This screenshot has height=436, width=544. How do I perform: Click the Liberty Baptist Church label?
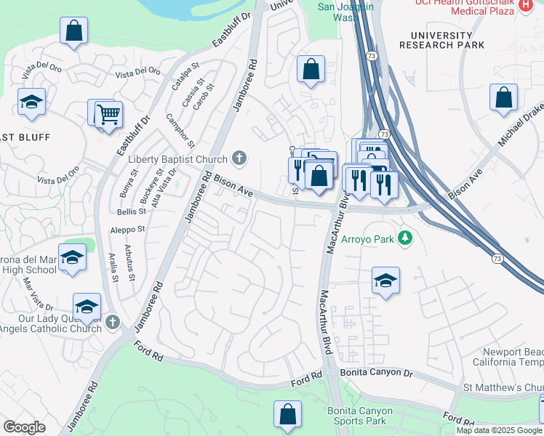[178, 159]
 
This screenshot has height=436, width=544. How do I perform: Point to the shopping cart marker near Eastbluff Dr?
[108, 114]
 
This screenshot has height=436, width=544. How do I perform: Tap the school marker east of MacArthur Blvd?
[385, 280]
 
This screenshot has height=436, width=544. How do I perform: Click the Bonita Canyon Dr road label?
[376, 373]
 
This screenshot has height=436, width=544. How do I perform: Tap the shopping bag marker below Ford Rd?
[287, 413]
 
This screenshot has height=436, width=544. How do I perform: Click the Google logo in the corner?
[24, 427]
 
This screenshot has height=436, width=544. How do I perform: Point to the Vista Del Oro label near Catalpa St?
[137, 71]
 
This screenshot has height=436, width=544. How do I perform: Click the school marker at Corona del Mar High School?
[73, 257]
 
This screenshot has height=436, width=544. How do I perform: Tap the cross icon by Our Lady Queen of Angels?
[112, 322]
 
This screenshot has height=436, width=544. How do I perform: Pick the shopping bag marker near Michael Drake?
[503, 97]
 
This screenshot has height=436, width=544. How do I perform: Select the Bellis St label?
[132, 211]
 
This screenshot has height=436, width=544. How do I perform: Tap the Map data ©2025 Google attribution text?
[499, 430]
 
